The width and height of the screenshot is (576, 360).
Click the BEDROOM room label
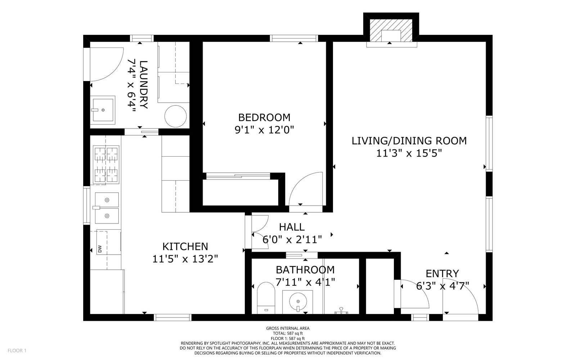pos(264,117)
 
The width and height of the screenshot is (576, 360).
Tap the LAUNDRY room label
pos(144,85)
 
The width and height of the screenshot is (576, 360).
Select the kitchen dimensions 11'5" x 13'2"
pos(185,259)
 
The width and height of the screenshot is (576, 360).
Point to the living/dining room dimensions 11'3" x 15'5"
pos(409,153)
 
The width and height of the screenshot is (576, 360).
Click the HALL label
pos(292,227)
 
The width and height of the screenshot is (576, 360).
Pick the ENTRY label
pos(442,273)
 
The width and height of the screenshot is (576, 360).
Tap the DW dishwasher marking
pos(100,249)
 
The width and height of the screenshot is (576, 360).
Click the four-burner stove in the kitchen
pos(106,165)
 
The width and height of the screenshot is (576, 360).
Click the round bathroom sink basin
pos(298,301)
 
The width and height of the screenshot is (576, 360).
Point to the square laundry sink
pos(103,110)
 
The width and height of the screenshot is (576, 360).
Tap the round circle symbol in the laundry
pos(176,116)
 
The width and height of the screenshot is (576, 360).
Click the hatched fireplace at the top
pos(391,31)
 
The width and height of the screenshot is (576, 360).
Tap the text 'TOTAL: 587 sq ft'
pos(288,333)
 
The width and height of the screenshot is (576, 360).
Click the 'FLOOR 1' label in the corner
pos(17,351)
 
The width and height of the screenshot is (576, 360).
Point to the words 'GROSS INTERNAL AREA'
pos(288,328)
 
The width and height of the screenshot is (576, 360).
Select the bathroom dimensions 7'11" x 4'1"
pos(305,282)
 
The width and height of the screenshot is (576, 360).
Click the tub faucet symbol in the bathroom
pos(341,311)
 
